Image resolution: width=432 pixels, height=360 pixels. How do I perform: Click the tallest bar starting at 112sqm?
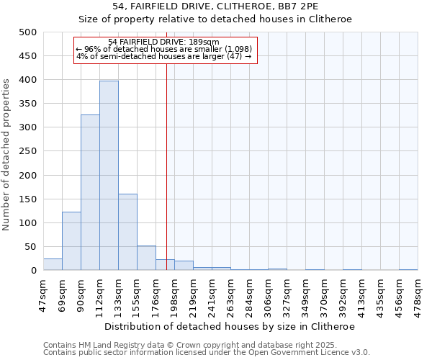(109, 176)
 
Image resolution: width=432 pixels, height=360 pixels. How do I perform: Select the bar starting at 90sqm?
(90, 193)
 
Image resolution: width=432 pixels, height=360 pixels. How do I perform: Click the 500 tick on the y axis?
(28, 32)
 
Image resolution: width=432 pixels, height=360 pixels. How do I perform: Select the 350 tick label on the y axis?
(28, 104)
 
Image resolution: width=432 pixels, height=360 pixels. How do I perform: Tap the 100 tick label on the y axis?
(28, 223)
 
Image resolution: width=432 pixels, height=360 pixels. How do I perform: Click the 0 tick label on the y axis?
(33, 271)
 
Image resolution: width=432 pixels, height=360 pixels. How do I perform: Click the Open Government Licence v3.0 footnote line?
(207, 353)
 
